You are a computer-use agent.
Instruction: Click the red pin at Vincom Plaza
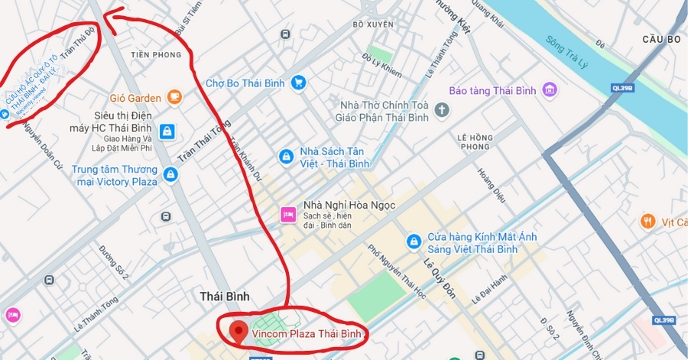(x=239, y=332)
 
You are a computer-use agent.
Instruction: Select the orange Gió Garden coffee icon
(x=175, y=97)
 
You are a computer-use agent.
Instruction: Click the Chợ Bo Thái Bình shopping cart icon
(x=299, y=83)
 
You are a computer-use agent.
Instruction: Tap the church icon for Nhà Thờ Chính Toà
(x=441, y=111)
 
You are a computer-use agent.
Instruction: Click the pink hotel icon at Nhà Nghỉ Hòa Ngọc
(x=287, y=214)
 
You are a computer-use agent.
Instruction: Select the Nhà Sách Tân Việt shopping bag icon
(x=285, y=157)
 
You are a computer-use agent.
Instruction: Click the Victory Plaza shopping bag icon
(x=170, y=175)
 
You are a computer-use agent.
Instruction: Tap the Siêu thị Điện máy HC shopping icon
(x=167, y=131)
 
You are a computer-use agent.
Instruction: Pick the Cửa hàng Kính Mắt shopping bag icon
(x=414, y=242)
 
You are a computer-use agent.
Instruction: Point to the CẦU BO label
(x=661, y=39)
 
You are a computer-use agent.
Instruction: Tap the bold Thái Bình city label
(x=225, y=296)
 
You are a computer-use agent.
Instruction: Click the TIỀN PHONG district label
(x=156, y=55)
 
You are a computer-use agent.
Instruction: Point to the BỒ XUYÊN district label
(x=373, y=24)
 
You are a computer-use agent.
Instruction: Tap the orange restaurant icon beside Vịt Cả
(x=647, y=222)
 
